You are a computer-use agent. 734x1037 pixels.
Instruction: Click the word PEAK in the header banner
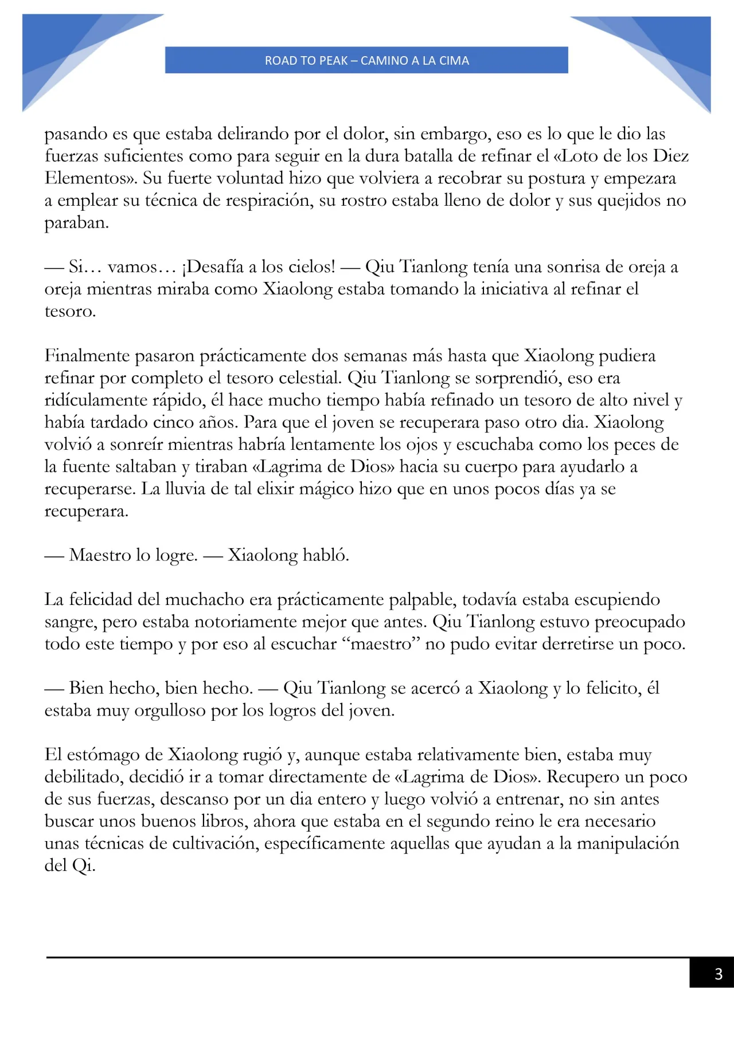click(x=332, y=61)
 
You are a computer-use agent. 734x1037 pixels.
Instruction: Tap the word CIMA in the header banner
click(x=454, y=61)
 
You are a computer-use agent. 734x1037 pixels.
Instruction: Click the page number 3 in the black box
click(x=718, y=973)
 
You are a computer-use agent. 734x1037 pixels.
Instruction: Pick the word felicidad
click(x=102, y=600)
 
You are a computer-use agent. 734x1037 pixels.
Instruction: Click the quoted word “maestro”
click(x=381, y=644)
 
